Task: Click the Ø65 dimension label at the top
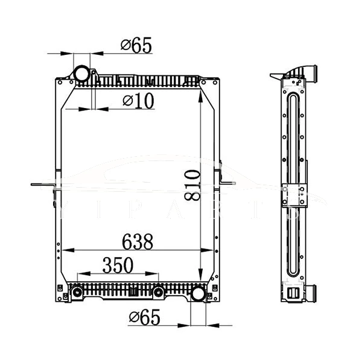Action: (136, 45)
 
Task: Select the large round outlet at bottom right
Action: (197, 294)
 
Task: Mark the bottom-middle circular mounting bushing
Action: (157, 293)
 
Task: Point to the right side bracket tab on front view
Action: (228, 181)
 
